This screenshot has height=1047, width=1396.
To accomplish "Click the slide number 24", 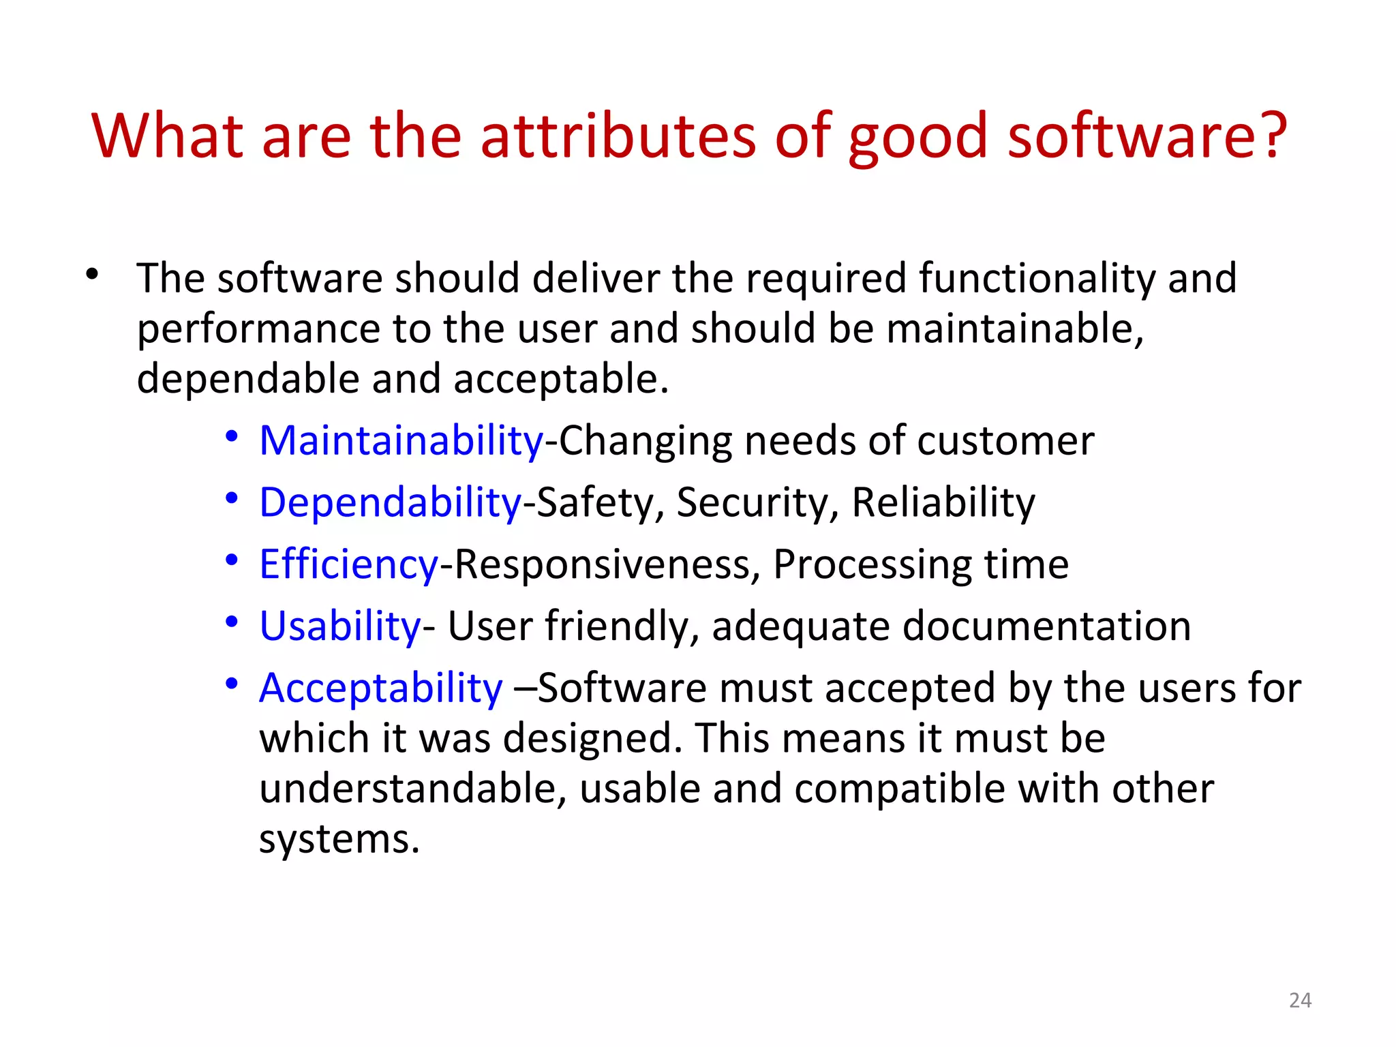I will tap(1300, 1000).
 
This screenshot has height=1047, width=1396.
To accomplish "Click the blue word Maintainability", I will tap(401, 441).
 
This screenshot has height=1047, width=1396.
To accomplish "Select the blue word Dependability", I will tap(390, 503).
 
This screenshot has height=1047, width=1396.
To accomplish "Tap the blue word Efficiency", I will tap(348, 565).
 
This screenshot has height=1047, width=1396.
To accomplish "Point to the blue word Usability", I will tap(340, 626).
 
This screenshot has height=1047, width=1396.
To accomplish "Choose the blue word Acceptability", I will tap(380, 688).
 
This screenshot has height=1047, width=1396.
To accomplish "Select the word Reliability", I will tap(943, 503).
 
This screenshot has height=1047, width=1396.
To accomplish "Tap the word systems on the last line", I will tap(339, 839).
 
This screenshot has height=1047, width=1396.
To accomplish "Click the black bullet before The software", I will tap(93, 275).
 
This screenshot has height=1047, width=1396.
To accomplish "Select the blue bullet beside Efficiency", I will tap(232, 560).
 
